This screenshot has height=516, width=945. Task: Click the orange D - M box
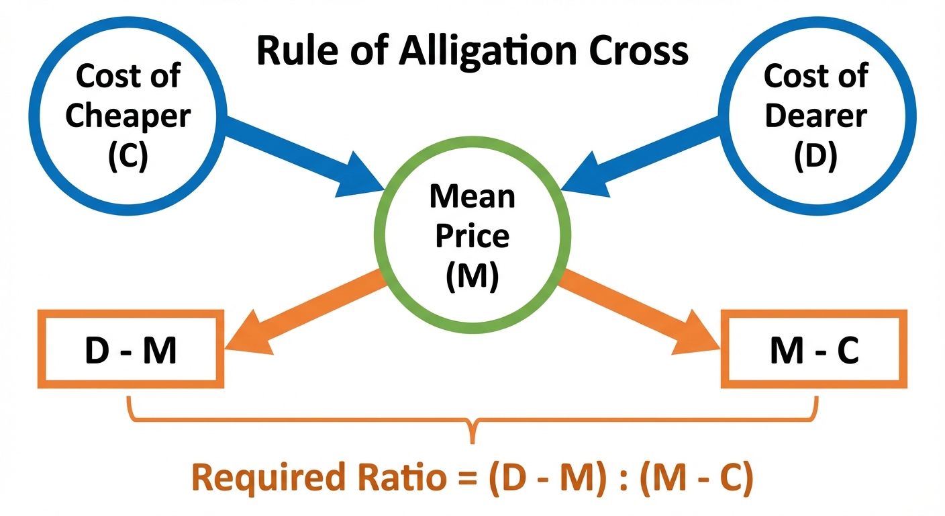pyautogui.click(x=131, y=349)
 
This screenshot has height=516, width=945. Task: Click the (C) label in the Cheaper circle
pyautogui.click(x=128, y=156)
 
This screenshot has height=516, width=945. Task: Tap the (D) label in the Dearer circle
pyautogui.click(x=815, y=156)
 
